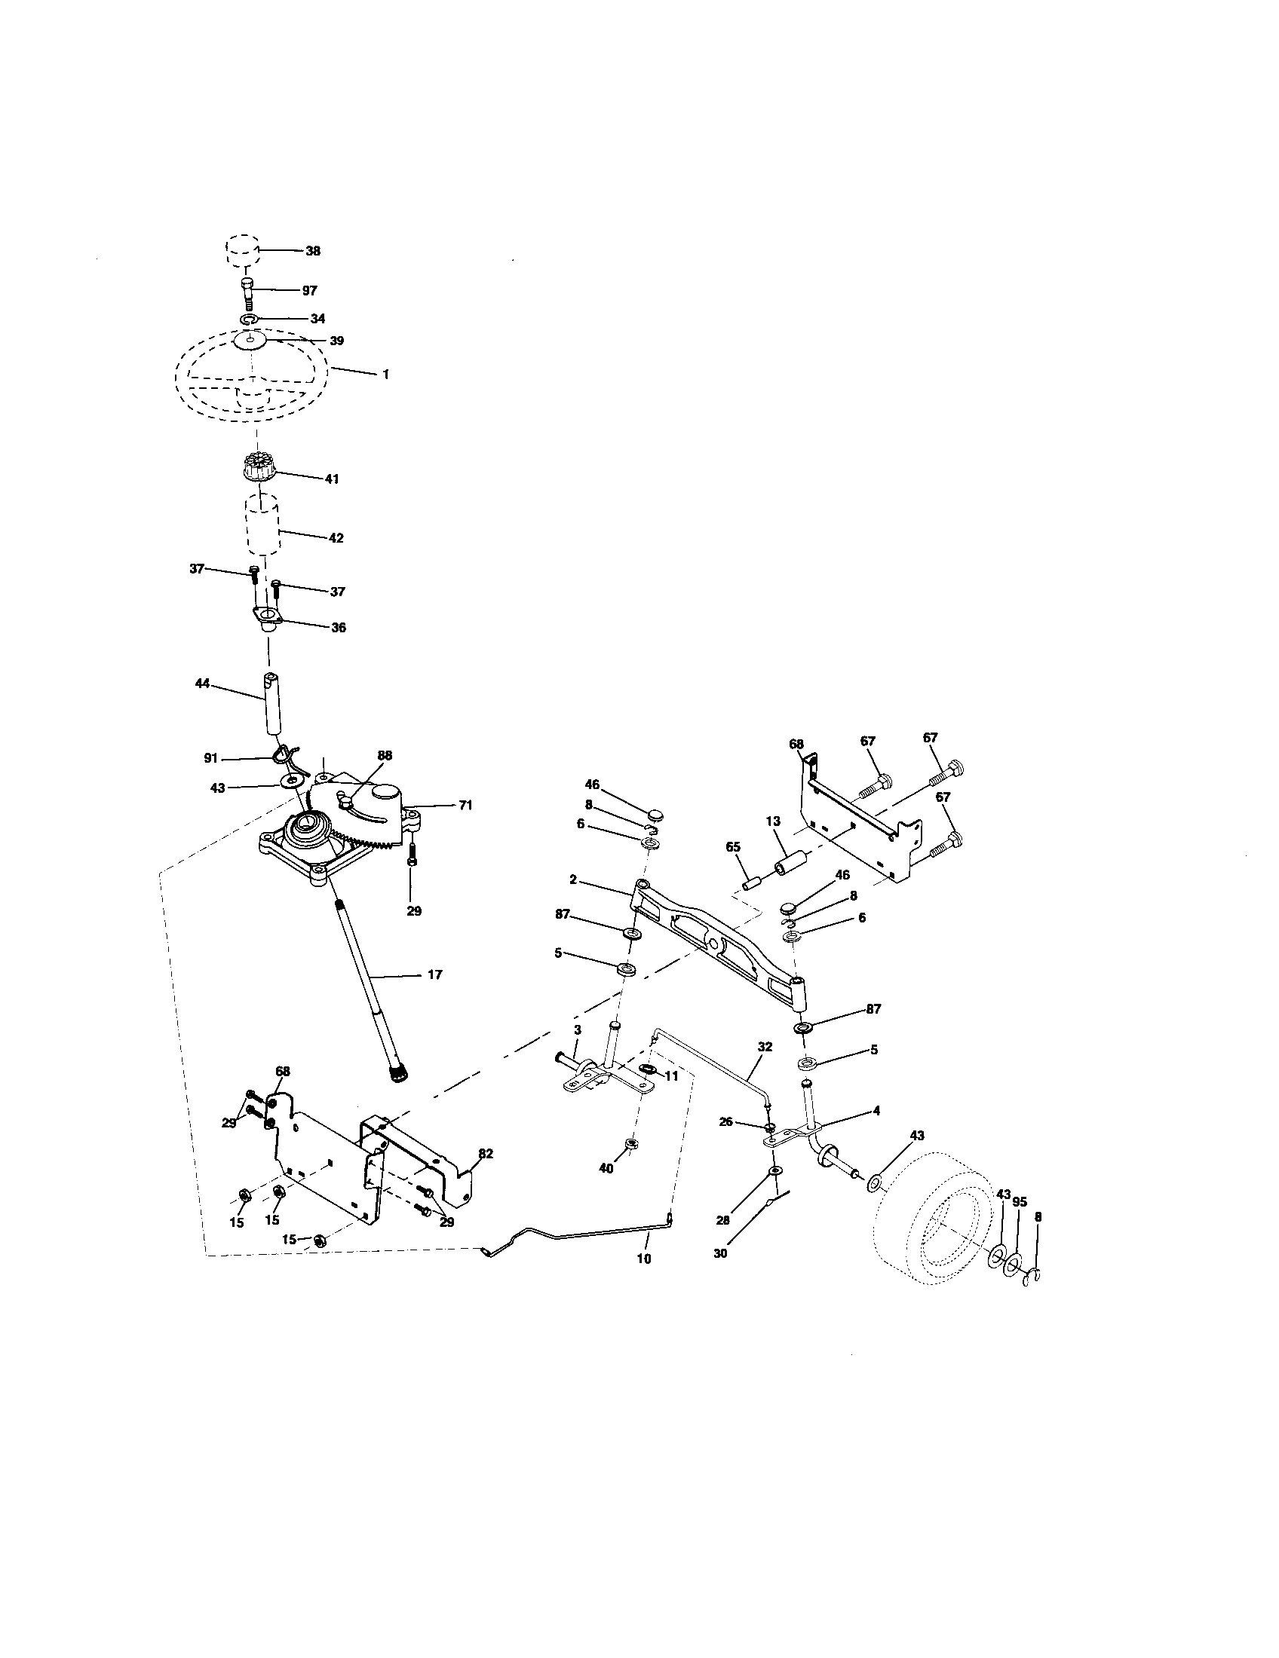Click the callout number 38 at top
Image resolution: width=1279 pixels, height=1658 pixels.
click(x=312, y=250)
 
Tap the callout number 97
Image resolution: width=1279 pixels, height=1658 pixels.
click(x=309, y=290)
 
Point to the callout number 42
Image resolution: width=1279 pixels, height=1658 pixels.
click(x=335, y=537)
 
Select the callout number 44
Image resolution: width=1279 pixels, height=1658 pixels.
click(x=201, y=684)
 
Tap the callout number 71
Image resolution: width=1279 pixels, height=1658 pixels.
click(x=465, y=805)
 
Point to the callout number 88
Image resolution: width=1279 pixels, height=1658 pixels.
click(x=385, y=755)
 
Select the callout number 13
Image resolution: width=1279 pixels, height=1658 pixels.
click(x=772, y=821)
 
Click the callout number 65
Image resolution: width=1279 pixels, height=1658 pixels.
click(x=732, y=847)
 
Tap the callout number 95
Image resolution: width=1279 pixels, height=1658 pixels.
click(x=1020, y=1202)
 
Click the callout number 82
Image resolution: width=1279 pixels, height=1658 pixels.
click(x=486, y=1153)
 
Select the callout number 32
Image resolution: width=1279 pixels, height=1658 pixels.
click(x=764, y=1046)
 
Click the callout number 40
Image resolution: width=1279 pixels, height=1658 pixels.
click(x=606, y=1169)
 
